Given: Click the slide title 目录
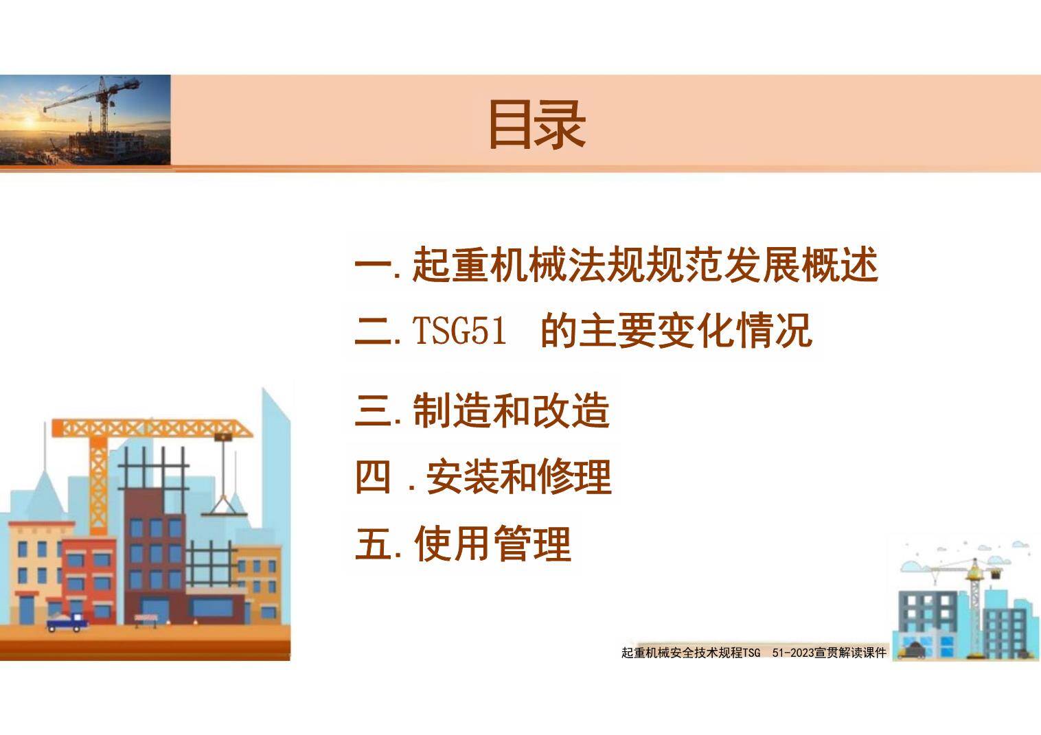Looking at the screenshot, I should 536,124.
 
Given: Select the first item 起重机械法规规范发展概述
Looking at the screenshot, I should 644,265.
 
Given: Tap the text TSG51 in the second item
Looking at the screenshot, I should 459,331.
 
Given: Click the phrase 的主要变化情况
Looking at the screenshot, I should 676,331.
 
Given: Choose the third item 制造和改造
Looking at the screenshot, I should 511,410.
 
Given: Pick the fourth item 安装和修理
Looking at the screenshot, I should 518,477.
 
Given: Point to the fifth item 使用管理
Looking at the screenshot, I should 492,544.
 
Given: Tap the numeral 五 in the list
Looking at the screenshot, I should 373,544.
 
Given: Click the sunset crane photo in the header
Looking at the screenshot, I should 85,119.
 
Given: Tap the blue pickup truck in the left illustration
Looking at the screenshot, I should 67,622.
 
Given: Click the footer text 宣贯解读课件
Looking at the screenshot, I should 849,653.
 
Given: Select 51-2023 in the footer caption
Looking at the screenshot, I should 792,653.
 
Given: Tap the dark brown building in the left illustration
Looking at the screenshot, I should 155,542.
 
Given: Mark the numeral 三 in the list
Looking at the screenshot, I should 373,410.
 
